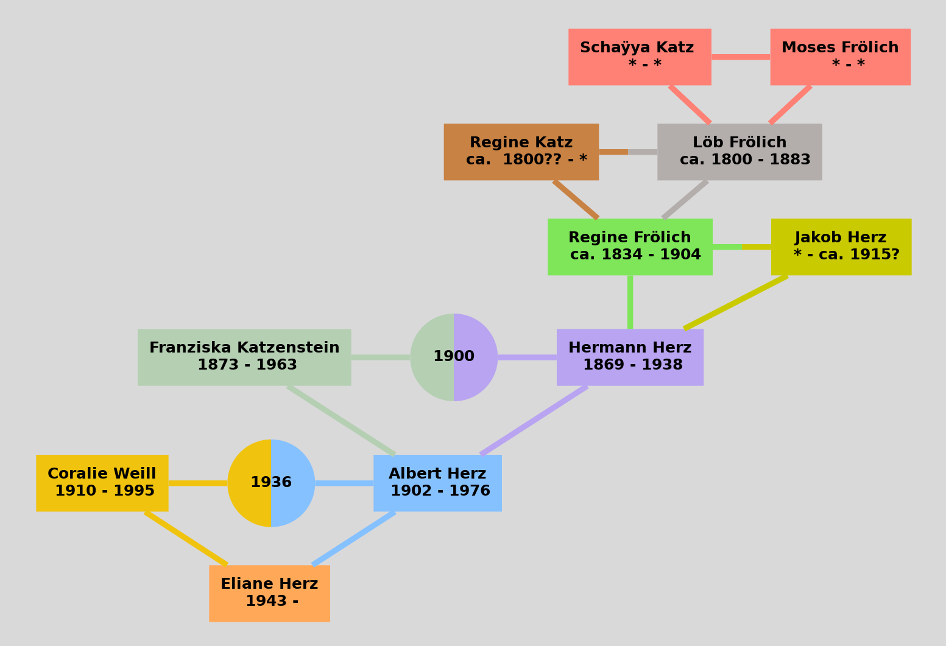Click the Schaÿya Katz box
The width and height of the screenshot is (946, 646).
pyautogui.click(x=640, y=57)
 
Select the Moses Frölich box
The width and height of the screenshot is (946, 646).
pyautogui.click(x=840, y=57)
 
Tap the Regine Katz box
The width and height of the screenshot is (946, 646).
pyautogui.click(x=521, y=152)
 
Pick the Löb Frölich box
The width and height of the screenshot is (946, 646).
pyautogui.click(x=740, y=152)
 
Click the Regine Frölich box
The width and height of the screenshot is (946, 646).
pyautogui.click(x=630, y=247)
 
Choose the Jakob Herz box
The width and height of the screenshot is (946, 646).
pyautogui.click(x=841, y=247)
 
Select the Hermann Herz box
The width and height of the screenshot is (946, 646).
pyautogui.click(x=630, y=357)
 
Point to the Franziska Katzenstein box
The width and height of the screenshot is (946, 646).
pyautogui.click(x=244, y=357)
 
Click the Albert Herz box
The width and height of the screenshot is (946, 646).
pyautogui.click(x=437, y=483)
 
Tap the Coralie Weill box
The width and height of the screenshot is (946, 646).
pyautogui.click(x=102, y=483)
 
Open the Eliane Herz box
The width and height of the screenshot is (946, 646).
pyautogui.click(x=269, y=593)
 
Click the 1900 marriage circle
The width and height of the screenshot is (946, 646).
pyautogui.click(x=454, y=357)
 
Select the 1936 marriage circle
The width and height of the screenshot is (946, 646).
pyautogui.click(x=271, y=483)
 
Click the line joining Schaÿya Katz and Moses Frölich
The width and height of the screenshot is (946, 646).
pyautogui.click(x=740, y=57)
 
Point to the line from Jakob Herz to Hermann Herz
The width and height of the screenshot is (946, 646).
pyautogui.click(x=736, y=303)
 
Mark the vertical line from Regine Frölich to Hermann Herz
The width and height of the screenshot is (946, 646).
pyautogui.click(x=630, y=302)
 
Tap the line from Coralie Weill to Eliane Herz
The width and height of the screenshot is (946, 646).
pyautogui.click(x=186, y=538)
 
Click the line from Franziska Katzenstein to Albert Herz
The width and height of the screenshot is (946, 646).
pyautogui.click(x=341, y=420)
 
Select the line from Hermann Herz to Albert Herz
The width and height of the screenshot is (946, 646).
pyautogui.click(x=534, y=420)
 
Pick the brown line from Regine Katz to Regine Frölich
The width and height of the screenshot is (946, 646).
pyautogui.click(x=576, y=199)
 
